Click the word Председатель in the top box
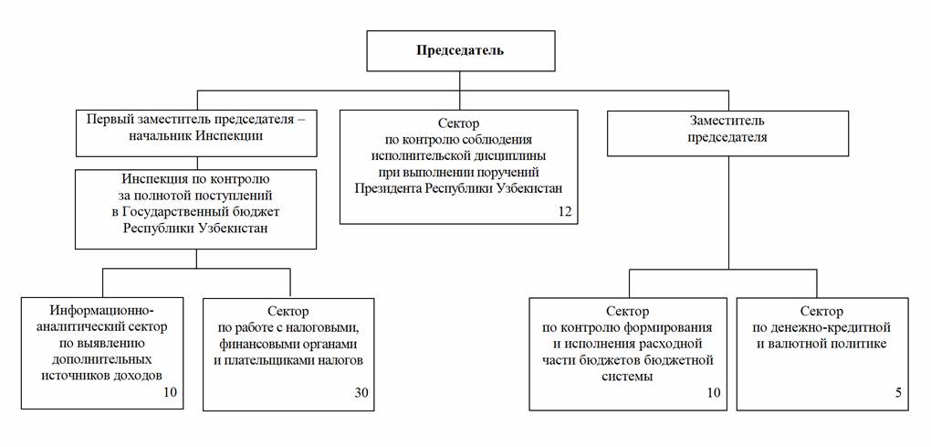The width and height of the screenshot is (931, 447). (x=459, y=50)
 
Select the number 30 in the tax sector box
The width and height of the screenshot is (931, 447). (x=361, y=393)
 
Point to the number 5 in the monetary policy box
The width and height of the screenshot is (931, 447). (x=898, y=393)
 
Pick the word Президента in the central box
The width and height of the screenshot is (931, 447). (x=385, y=188)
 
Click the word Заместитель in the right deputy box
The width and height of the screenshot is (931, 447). (x=727, y=121)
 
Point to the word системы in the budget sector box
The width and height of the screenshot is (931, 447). (x=628, y=377)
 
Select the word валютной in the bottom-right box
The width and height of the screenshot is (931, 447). (x=799, y=344)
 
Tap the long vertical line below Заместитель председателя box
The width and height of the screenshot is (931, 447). (x=728, y=213)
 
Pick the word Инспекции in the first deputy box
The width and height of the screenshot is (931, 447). (x=229, y=136)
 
